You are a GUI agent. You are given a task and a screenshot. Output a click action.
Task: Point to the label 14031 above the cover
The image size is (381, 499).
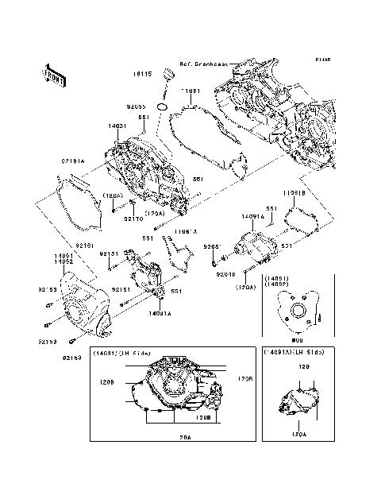(117, 125)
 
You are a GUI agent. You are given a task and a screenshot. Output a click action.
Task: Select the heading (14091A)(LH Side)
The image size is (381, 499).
(296, 352)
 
